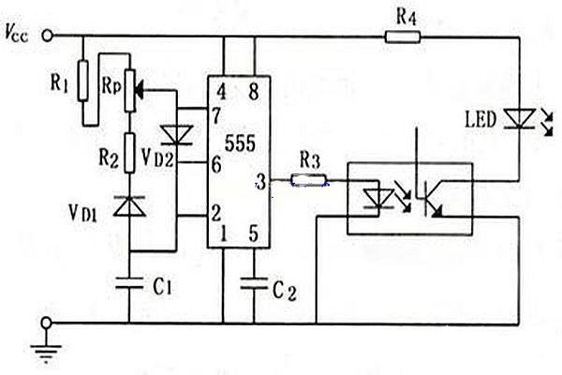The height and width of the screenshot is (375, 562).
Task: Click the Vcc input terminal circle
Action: tap(48, 36)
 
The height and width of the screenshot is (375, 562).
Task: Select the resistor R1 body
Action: tap(83, 81)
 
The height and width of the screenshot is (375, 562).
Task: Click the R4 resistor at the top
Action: tap(403, 37)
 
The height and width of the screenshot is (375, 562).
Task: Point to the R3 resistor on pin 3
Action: tap(308, 179)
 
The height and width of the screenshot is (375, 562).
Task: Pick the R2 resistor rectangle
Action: tap(130, 153)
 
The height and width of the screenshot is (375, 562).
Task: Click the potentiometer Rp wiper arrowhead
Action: tap(140, 90)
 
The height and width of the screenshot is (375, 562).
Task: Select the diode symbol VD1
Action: tap(129, 206)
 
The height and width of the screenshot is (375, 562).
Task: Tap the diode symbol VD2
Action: tap(176, 135)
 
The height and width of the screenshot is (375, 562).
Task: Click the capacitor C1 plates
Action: tap(129, 282)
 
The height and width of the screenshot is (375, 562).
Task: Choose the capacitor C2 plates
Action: tap(254, 283)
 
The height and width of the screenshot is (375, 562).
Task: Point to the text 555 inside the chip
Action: tap(240, 143)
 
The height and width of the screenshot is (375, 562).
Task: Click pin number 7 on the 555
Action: tap(215, 116)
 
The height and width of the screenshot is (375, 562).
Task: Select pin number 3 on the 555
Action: tap(261, 182)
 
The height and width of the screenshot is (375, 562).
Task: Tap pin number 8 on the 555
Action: tap(254, 92)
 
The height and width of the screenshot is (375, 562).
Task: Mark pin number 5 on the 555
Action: tap(254, 233)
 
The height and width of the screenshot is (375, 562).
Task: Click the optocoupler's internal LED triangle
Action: tap(378, 199)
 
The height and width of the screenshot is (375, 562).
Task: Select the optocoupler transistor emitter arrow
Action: tap(436, 211)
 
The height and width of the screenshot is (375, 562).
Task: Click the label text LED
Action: tap(481, 120)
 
